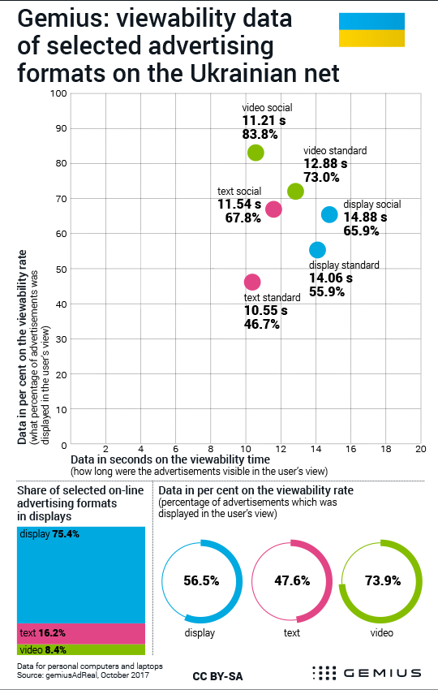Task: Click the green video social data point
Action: click(255, 153)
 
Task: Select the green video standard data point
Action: click(295, 192)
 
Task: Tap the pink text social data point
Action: click(273, 209)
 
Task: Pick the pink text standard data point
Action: click(252, 282)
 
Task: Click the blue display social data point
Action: click(329, 215)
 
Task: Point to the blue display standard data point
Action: click(317, 250)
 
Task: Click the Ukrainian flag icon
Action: click(371, 29)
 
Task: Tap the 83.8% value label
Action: click(260, 134)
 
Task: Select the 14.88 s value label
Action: click(365, 217)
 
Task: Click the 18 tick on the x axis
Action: click(385, 449)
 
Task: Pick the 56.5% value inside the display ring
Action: click(201, 581)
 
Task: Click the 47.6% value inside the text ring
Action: click(293, 581)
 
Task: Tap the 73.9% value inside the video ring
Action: click(383, 581)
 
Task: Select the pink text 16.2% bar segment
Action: click(81, 633)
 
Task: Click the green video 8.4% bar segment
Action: click(81, 649)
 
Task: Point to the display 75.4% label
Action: click(49, 534)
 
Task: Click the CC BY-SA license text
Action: click(217, 676)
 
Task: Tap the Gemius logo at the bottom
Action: click(367, 673)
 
